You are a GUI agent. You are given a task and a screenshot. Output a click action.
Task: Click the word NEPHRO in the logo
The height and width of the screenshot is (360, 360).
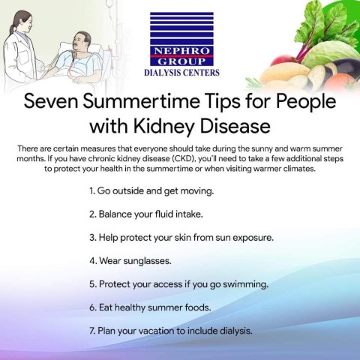(181, 51)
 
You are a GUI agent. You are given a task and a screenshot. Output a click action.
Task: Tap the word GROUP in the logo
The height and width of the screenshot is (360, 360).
(181, 61)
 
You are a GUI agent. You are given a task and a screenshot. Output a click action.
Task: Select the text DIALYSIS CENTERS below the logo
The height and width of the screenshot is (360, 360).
(181, 73)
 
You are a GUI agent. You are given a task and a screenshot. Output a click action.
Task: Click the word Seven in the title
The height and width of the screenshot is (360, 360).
(51, 101)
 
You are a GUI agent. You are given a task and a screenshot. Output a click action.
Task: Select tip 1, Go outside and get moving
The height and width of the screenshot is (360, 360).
(151, 191)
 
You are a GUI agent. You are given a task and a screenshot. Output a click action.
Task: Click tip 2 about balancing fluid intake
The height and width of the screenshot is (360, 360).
(146, 214)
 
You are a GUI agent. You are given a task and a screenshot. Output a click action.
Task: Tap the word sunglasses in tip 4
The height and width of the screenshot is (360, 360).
(148, 261)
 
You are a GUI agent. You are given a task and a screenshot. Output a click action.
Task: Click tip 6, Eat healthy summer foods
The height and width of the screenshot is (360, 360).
(150, 307)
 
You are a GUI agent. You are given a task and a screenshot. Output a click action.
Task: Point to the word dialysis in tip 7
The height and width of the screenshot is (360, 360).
(236, 331)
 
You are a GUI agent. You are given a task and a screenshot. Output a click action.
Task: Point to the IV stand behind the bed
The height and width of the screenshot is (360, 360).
(110, 37)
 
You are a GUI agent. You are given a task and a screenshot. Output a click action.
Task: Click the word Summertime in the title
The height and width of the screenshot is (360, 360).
(141, 101)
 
